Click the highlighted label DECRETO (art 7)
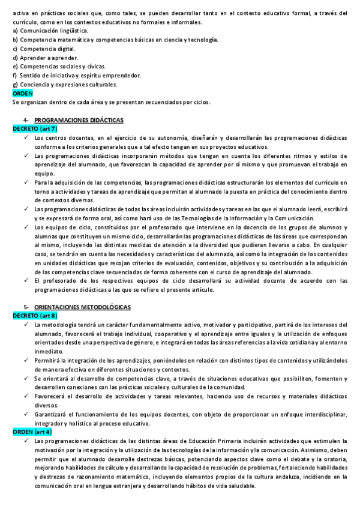point(35,128)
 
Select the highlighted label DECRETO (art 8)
point(35,315)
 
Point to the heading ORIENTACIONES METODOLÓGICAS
point(82,307)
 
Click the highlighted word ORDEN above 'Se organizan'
point(23,93)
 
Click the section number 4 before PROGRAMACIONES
point(25,120)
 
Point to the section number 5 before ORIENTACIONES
point(25,307)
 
